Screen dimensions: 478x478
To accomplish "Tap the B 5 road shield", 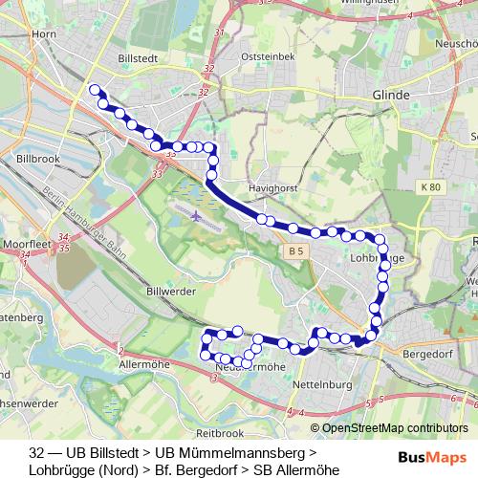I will [x=296, y=250].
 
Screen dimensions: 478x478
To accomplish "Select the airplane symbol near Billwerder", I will [x=197, y=214].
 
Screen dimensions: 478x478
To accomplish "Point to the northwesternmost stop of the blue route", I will [x=94, y=90].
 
